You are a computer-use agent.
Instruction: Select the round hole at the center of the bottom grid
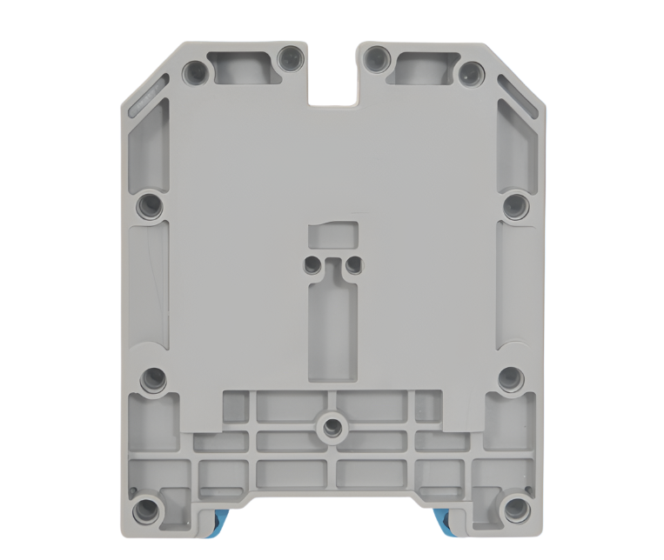(x=332, y=426)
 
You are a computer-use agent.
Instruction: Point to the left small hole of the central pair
(x=312, y=263)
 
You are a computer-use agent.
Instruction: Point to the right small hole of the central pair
(x=352, y=263)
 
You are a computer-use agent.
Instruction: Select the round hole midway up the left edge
(x=151, y=206)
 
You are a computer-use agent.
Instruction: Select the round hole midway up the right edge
(x=514, y=206)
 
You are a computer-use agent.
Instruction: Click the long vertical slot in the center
(x=332, y=330)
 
